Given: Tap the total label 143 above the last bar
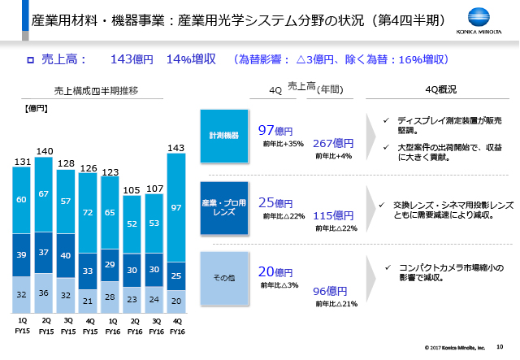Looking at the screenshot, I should (x=175, y=147).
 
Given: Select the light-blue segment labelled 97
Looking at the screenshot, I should (x=175, y=208).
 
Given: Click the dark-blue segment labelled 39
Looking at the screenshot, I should (x=22, y=255).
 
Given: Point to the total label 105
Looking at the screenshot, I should (x=132, y=190).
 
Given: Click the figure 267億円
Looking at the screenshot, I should (x=332, y=142).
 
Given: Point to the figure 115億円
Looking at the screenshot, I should (x=332, y=215).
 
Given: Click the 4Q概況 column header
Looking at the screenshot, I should (x=440, y=89).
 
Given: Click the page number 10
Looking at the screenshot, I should (x=500, y=347).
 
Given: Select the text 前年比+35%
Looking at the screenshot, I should (x=283, y=144).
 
